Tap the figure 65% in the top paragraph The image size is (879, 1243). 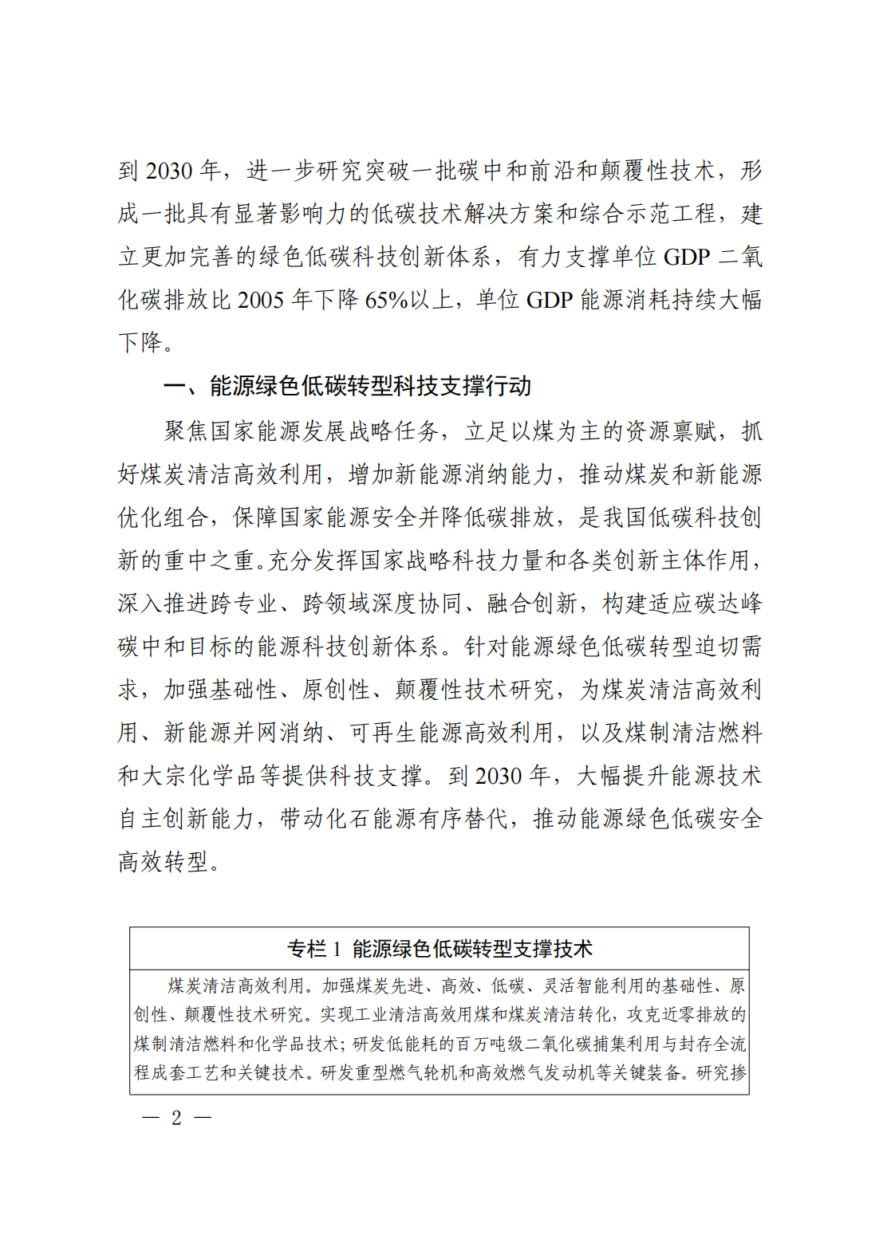pos(387,301)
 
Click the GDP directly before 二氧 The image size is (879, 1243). pos(686,258)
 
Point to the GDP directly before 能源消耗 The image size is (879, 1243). pos(550,301)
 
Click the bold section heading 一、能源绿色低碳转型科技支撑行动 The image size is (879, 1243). pos(348,387)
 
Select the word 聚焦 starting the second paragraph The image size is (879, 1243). pos(187,431)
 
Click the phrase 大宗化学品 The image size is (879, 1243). pos(199,776)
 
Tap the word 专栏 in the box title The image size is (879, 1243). pos(307,949)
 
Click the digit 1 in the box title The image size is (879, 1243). pos(337,949)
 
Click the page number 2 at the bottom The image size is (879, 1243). pos(176,1118)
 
